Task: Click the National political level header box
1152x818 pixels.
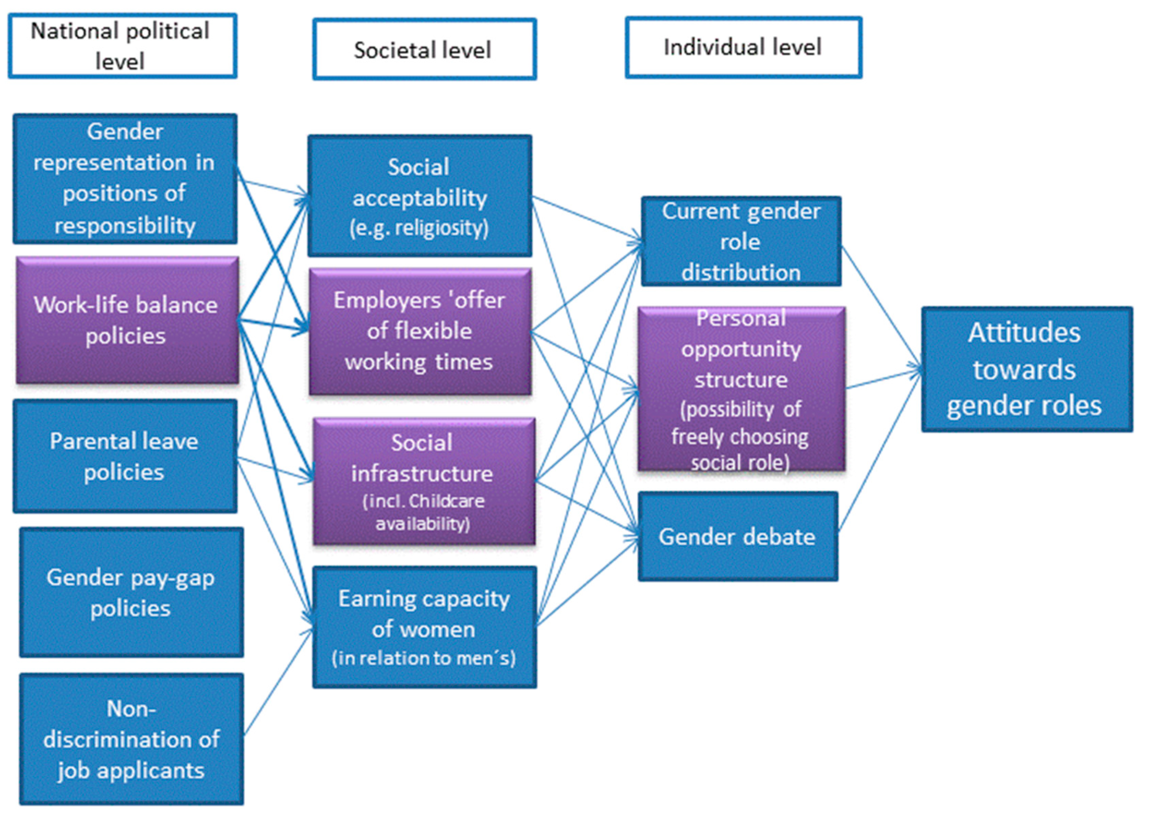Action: [122, 46]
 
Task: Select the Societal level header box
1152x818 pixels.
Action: [424, 49]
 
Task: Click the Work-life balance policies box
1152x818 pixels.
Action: [127, 320]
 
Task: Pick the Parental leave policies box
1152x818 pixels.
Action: [124, 456]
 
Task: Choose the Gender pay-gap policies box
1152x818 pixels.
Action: [131, 592]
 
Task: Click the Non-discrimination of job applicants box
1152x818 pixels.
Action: [131, 739]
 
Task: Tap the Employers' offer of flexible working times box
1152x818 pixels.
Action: [420, 331]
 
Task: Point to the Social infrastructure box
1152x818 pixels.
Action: [423, 481]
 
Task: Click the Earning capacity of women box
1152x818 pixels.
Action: [424, 627]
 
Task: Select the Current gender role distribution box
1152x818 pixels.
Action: [741, 241]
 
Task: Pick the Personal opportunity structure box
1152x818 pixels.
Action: [741, 389]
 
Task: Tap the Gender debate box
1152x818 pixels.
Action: [738, 537]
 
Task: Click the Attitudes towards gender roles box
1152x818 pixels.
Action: [1026, 369]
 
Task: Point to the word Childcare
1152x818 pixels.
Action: [446, 501]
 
